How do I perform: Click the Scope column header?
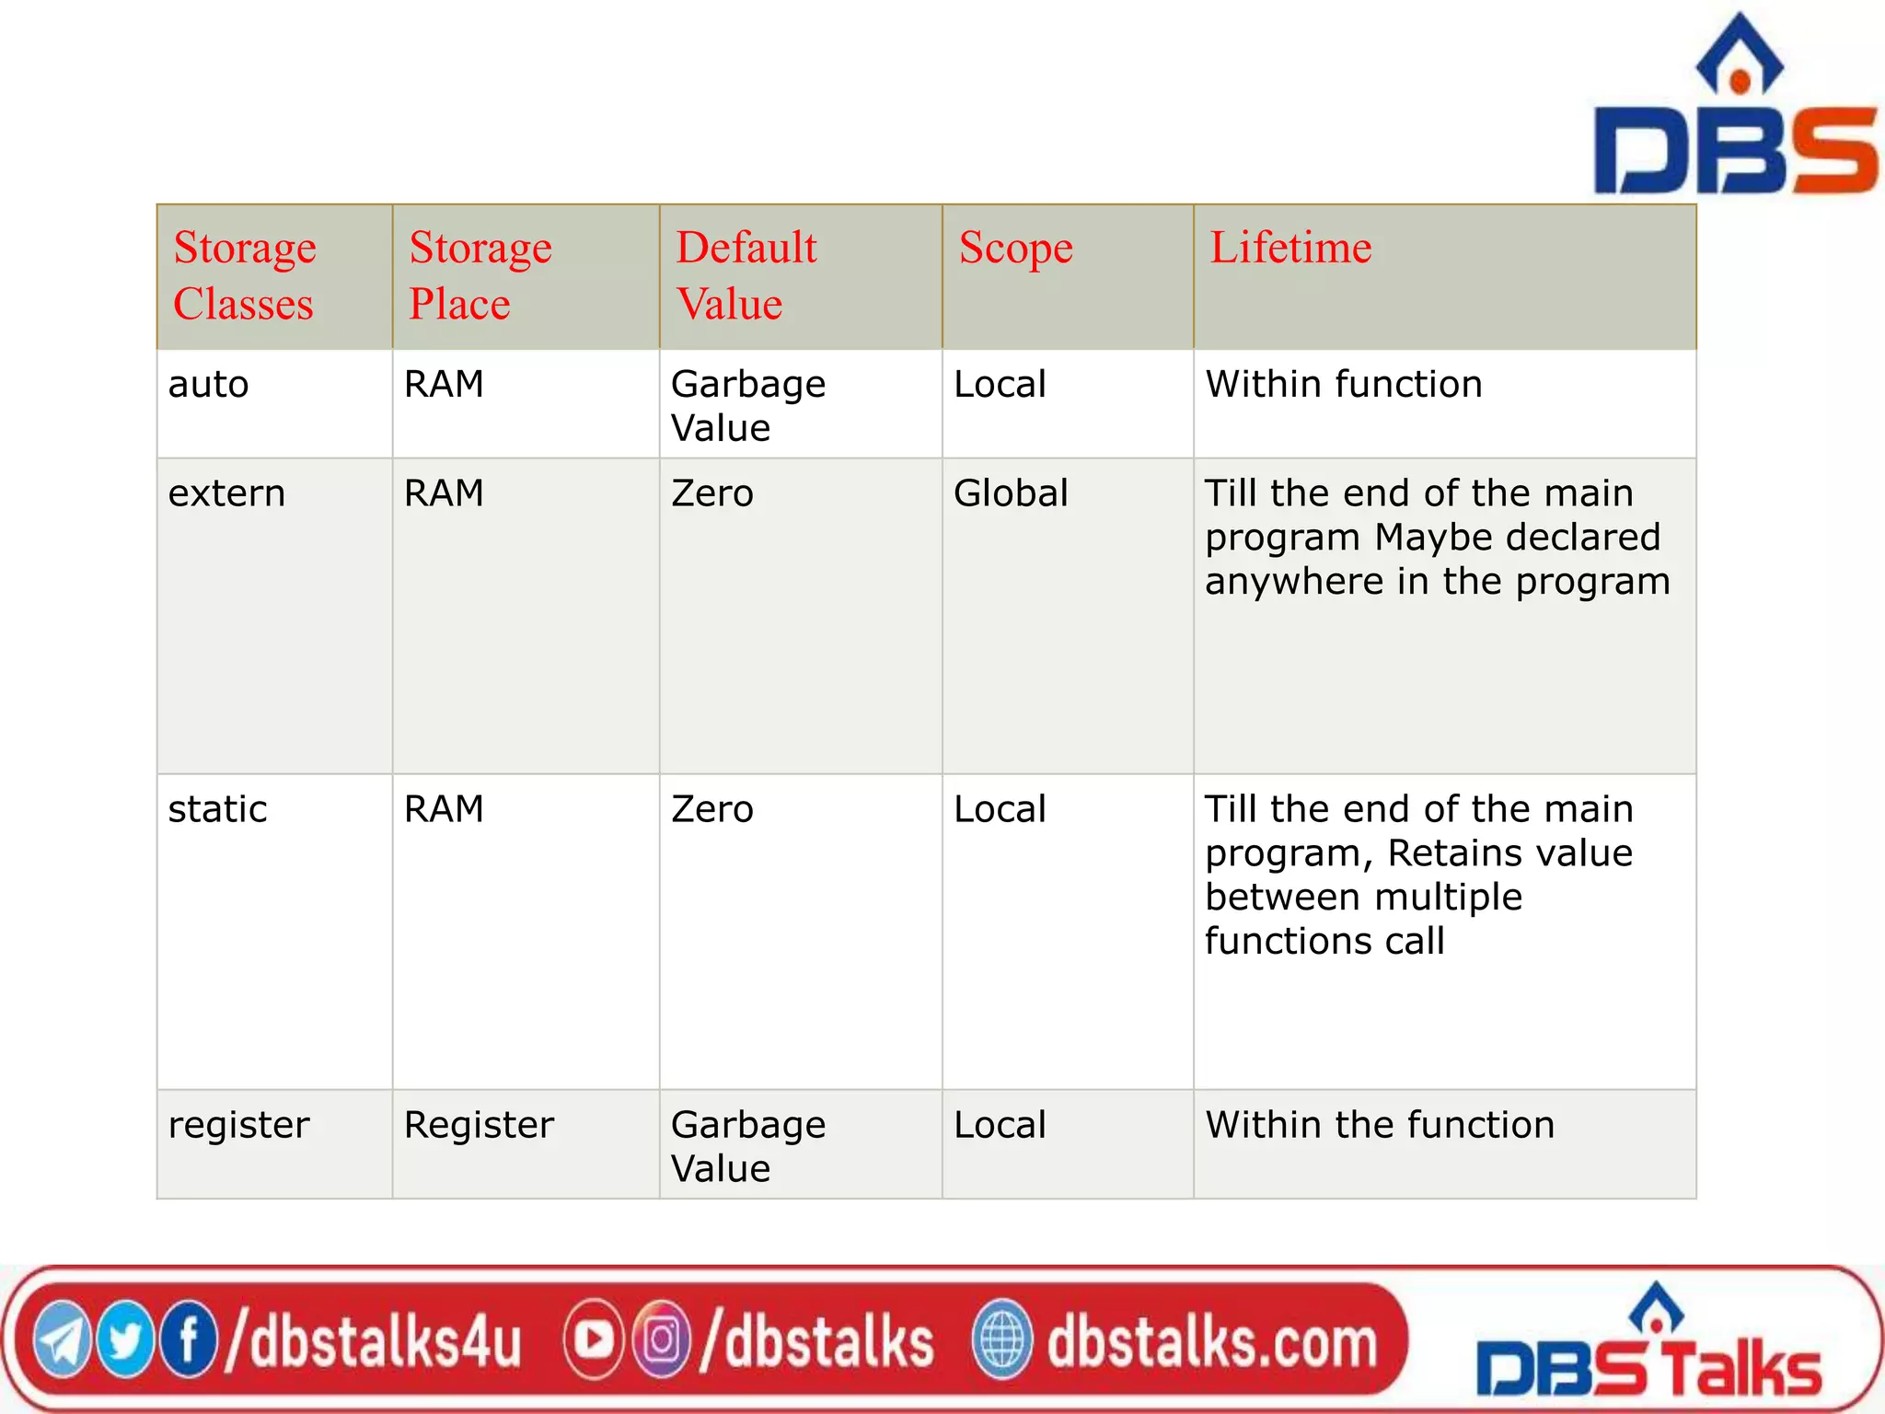click(x=1015, y=248)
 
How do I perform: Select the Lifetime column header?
click(x=1290, y=248)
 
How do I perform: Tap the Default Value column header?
click(x=746, y=275)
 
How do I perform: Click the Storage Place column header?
click(x=480, y=275)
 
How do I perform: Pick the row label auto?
click(x=208, y=385)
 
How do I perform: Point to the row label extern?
click(x=226, y=494)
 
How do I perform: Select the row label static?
click(x=217, y=810)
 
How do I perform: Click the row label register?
click(x=238, y=1126)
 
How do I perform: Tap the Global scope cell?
click(x=1011, y=494)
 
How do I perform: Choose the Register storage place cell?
click(x=479, y=1126)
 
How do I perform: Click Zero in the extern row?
click(x=712, y=494)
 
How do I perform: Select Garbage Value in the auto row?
click(x=747, y=406)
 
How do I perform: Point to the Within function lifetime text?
click(x=1344, y=385)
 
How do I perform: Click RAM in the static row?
click(x=444, y=810)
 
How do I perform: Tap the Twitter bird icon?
click(x=125, y=1340)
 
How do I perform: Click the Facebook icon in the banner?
click(x=188, y=1340)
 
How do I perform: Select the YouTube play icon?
click(x=594, y=1340)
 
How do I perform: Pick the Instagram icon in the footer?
click(x=660, y=1340)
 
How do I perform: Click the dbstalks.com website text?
click(x=1211, y=1342)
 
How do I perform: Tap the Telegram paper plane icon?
click(x=63, y=1342)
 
